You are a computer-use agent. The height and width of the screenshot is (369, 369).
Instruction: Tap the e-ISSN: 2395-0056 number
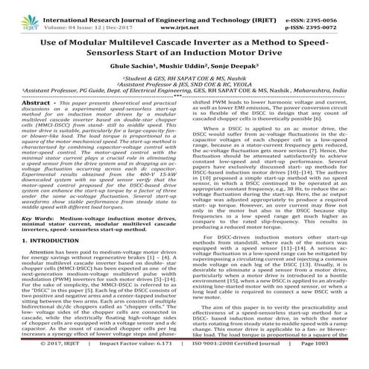[x=329, y=7]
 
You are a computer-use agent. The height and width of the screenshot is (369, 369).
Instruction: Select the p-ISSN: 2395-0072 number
[x=329, y=18]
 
